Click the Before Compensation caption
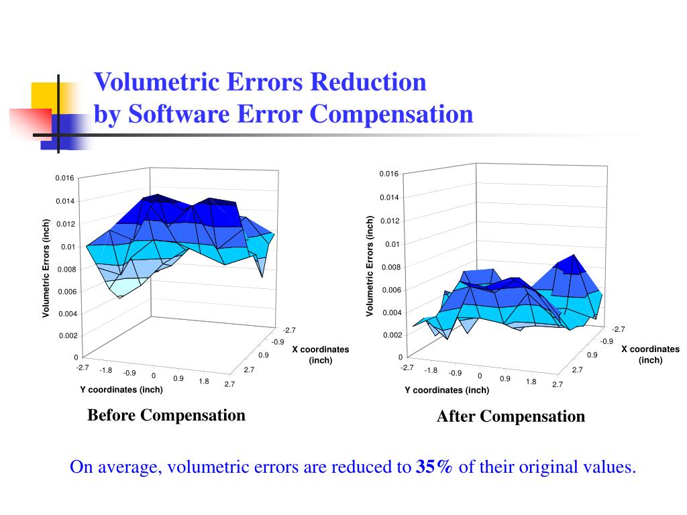pos(166,415)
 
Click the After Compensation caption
pos(511,416)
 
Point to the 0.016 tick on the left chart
pos(64,178)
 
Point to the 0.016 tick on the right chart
pos(389,174)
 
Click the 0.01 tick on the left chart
pos(68,247)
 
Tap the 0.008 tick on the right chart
pos(391,268)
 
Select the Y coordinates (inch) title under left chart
pos(121,390)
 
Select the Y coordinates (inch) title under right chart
pos(447,390)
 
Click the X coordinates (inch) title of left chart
pos(320,355)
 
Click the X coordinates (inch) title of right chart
pos(650,354)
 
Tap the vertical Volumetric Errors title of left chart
pos(46,268)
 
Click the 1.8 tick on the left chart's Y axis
pos(203,382)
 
